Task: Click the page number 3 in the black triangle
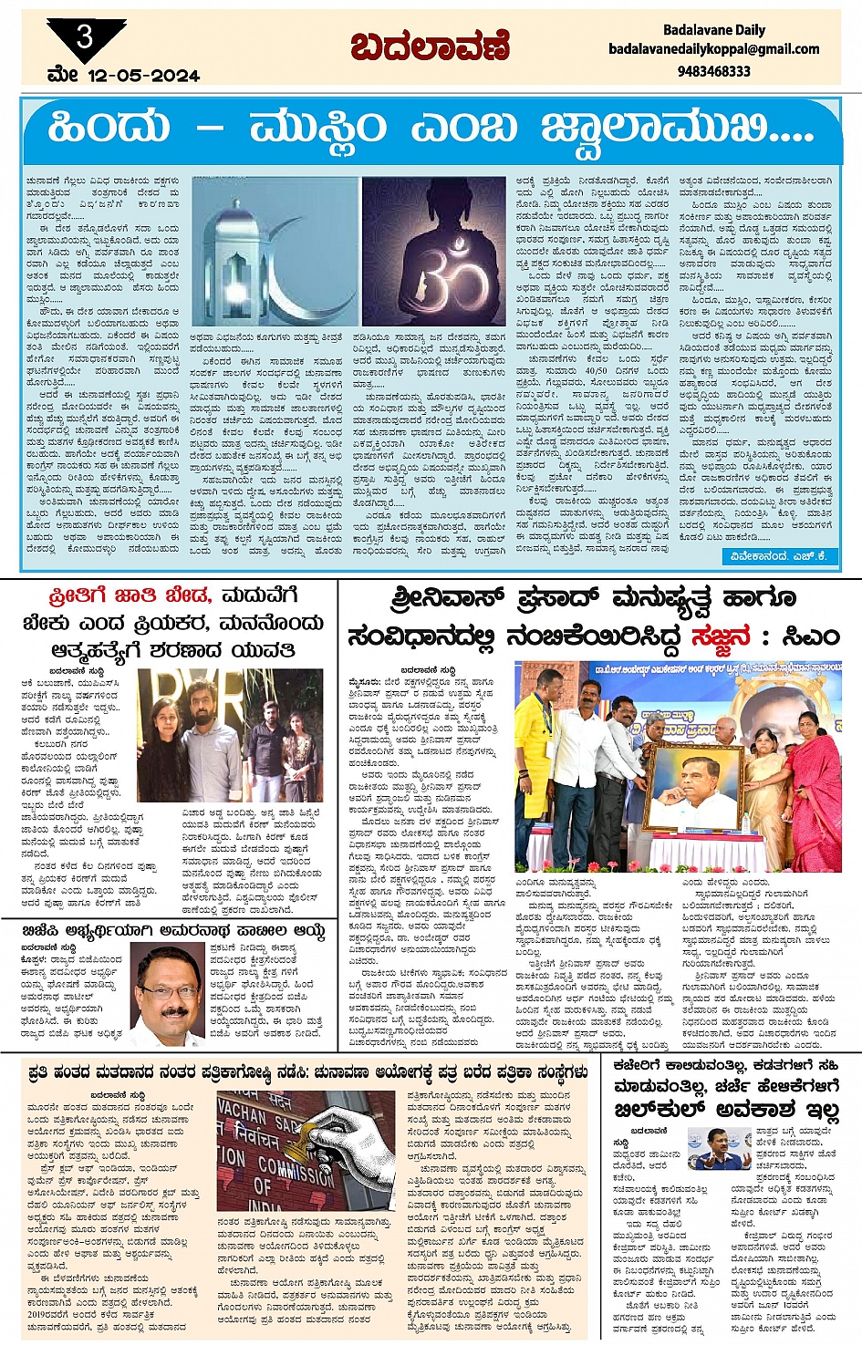click(84, 37)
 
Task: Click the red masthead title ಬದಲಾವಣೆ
click(431, 45)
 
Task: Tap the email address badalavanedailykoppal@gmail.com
click(714, 49)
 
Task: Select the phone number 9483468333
click(714, 70)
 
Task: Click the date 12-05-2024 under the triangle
click(143, 76)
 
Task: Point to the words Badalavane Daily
click(714, 29)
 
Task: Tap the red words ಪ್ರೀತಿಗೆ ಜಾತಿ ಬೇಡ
click(130, 596)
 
